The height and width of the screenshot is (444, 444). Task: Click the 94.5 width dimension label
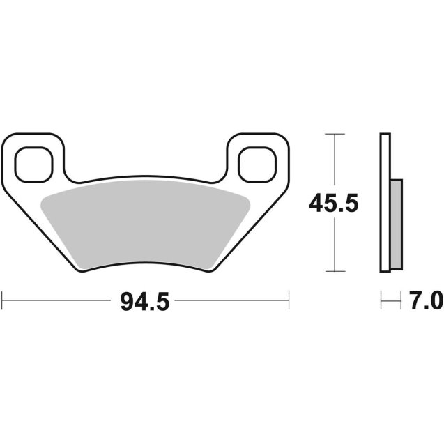point(145,302)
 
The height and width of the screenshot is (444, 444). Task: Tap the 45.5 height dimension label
point(335,204)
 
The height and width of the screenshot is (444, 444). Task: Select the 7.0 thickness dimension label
point(426,302)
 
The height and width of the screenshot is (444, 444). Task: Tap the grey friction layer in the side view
point(396,224)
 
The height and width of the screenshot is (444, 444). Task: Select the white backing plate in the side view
point(384,202)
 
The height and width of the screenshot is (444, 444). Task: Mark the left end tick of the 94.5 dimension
point(2,301)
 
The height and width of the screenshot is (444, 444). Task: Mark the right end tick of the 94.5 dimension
point(289,301)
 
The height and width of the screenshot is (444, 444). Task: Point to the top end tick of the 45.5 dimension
point(336,134)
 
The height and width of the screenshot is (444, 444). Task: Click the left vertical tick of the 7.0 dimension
point(381,301)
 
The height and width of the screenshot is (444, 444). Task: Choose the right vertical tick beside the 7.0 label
point(403,301)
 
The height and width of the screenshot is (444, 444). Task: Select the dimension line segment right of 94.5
point(230,301)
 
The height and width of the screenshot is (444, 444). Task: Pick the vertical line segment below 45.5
point(336,244)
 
